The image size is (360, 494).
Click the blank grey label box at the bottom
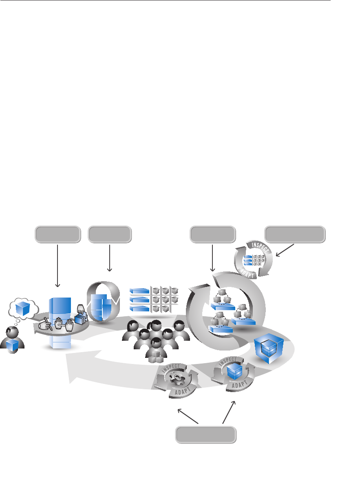pyautogui.click(x=206, y=434)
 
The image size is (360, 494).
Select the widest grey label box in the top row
pyautogui.click(x=295, y=234)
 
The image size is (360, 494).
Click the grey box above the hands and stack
pyautogui.click(x=57, y=234)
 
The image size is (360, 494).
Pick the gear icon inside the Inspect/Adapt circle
pyautogui.click(x=176, y=378)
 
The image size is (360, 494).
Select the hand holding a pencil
pyautogui.click(x=45, y=324)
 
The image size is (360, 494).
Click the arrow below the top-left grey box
pyautogui.click(x=58, y=265)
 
